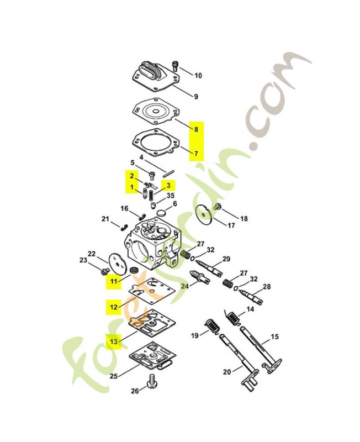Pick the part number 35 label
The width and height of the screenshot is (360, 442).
pos(171,196)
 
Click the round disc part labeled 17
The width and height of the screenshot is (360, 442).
pos(204,213)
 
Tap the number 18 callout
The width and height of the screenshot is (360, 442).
pos(244,219)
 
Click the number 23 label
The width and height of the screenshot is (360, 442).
pos(83,260)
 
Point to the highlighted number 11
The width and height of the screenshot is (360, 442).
pos(113,282)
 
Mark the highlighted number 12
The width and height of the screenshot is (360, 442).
pos(113,306)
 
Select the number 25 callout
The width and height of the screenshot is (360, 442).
pos(114,376)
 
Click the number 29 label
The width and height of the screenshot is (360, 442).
pos(226,259)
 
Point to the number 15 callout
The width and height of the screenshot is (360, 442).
pos(274,336)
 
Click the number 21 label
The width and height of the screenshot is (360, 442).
pos(105,220)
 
